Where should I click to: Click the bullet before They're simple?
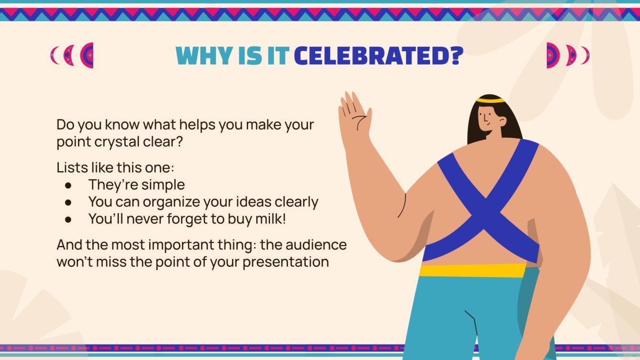click(68, 185)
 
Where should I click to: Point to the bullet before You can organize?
click(68, 202)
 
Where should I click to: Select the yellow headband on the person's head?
click(490, 100)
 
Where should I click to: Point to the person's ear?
click(502, 121)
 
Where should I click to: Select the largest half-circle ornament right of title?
click(552, 55)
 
